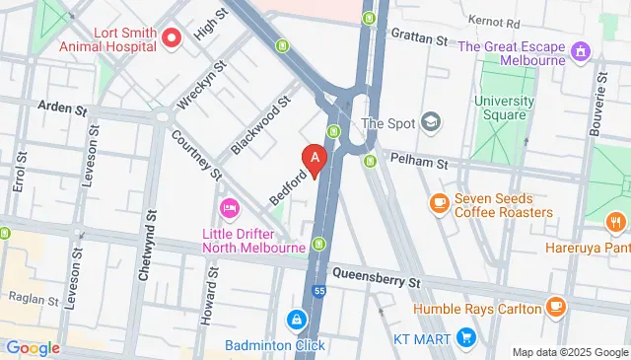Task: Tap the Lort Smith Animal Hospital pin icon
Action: click(172, 38)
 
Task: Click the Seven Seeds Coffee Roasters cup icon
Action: click(440, 202)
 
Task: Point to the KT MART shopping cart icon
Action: click(466, 338)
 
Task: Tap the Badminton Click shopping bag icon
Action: click(295, 321)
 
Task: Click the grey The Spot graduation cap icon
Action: click(430, 123)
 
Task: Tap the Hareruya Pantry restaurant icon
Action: click(615, 220)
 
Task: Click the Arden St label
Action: click(62, 108)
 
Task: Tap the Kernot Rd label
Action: click(493, 20)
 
